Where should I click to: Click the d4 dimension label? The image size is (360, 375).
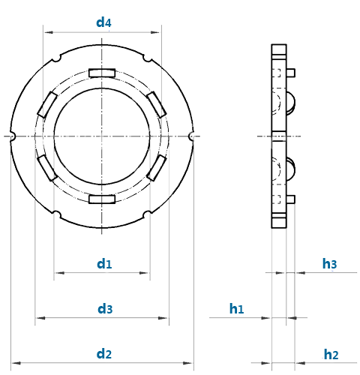(x=103, y=22)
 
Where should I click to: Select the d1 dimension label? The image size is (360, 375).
(x=104, y=264)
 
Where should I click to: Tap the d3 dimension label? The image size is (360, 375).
(x=105, y=309)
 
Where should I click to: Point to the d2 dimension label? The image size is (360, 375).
(x=104, y=354)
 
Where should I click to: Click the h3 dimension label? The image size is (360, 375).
(x=329, y=264)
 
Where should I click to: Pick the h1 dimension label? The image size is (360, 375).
(x=236, y=309)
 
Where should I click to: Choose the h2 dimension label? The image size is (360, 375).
(x=331, y=354)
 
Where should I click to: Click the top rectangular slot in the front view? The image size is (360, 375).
(x=102, y=73)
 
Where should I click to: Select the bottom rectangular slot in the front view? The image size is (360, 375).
(x=102, y=199)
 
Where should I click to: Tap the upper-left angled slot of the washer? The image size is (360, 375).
(x=47, y=104)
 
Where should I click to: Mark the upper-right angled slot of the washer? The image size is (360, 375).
(x=157, y=104)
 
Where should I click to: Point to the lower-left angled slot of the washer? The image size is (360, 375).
(x=47, y=168)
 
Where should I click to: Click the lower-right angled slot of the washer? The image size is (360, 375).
(x=157, y=168)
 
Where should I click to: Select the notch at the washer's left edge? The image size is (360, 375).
(x=13, y=136)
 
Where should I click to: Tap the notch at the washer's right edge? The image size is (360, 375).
(x=191, y=136)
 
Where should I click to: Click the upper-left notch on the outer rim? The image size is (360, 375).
(x=57, y=58)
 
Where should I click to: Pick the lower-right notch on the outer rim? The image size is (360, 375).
(x=148, y=214)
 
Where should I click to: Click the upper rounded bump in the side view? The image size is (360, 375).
(x=291, y=103)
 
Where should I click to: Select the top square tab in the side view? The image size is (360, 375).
(x=291, y=73)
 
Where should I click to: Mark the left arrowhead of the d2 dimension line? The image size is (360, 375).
(x=16, y=363)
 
